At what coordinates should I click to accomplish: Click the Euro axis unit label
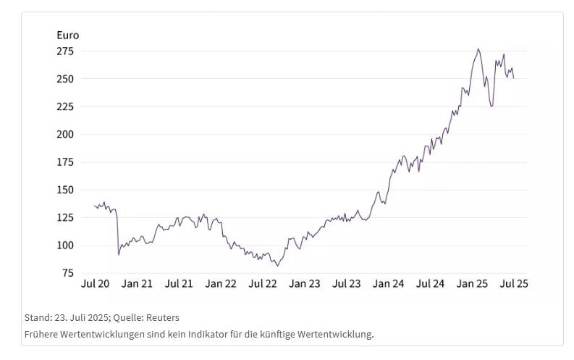coord(67,35)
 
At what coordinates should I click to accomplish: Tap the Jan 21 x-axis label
coord(137,284)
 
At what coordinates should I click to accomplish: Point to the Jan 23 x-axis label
coord(305,284)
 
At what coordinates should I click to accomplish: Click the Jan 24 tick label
coord(389,284)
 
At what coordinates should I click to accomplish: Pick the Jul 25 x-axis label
coord(514,284)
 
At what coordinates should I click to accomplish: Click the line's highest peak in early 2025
coord(478,49)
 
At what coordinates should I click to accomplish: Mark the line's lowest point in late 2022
coord(277,266)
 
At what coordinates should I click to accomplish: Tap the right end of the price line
coord(513,78)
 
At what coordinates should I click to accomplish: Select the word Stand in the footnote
coord(37,317)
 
